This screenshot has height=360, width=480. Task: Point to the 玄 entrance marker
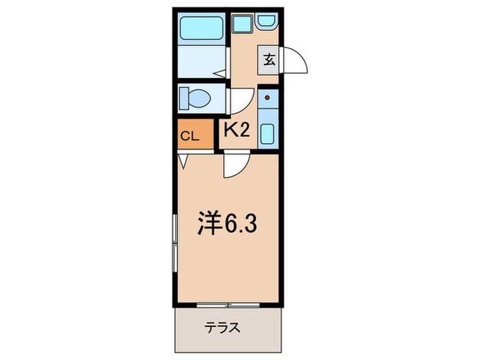(x=268, y=60)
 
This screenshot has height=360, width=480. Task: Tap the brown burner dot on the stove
(x=268, y=98)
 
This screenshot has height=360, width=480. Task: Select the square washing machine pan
(x=241, y=25)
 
